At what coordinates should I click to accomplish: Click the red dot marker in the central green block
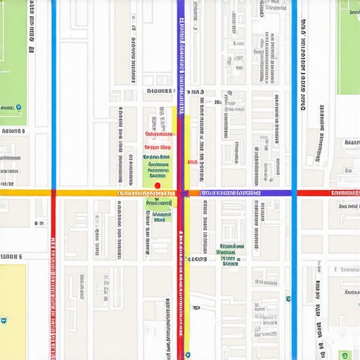(x=157, y=186)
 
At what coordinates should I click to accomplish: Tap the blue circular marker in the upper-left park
(x=19, y=108)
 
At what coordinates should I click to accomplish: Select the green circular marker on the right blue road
(x=288, y=299)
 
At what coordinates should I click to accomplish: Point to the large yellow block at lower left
(x=13, y=309)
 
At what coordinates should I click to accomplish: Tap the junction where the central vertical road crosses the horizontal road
(x=181, y=192)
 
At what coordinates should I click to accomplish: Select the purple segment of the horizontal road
(x=274, y=192)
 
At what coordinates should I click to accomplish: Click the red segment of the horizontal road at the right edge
(x=330, y=192)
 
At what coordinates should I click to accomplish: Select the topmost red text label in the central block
(x=159, y=134)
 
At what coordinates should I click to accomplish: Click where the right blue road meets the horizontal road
(x=294, y=192)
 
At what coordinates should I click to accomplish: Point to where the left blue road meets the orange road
(x=53, y=192)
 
